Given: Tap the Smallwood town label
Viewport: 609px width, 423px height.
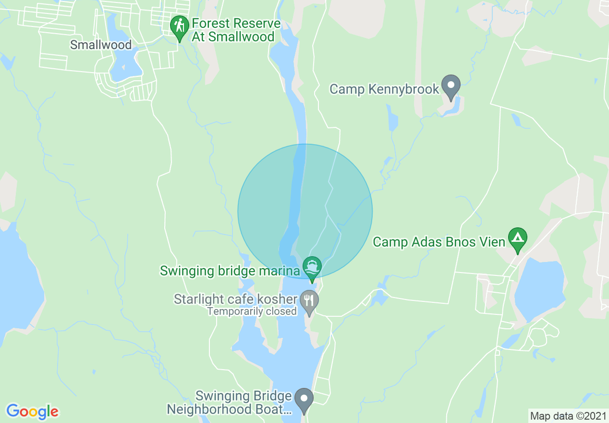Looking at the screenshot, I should pyautogui.click(x=100, y=45).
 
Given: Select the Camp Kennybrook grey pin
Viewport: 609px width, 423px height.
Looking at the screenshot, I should pyautogui.click(x=451, y=87).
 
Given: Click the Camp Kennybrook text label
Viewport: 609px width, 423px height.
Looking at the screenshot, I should pyautogui.click(x=384, y=89).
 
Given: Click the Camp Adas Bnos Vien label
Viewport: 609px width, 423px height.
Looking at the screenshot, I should pyautogui.click(x=439, y=242).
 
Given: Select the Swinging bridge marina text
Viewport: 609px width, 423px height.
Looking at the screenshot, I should pyautogui.click(x=230, y=271).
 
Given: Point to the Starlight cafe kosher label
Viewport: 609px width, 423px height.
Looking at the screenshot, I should pyautogui.click(x=235, y=299).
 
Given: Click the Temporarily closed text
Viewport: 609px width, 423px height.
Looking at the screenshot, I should pyautogui.click(x=252, y=311).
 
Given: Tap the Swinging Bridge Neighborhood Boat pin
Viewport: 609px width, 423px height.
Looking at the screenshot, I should pyautogui.click(x=304, y=399).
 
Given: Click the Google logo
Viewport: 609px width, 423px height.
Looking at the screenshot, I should pyautogui.click(x=32, y=411).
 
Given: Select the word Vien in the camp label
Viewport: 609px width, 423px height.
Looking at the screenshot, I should pyautogui.click(x=492, y=242).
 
